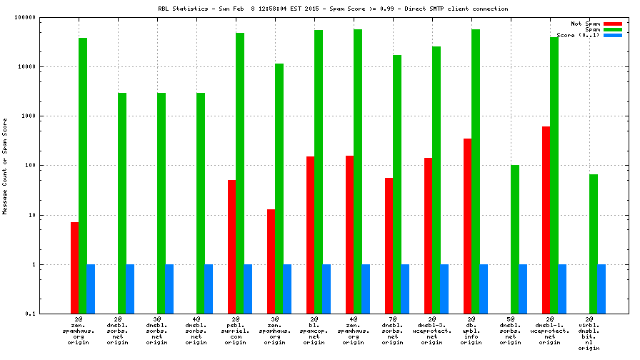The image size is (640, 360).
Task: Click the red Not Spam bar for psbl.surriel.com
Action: (x=231, y=246)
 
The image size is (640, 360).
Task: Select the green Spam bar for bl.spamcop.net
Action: (x=319, y=171)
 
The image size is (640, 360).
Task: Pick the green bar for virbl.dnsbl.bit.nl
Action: (x=594, y=244)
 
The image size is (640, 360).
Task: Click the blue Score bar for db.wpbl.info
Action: (x=484, y=289)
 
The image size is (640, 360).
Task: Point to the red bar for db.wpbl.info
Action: (x=467, y=226)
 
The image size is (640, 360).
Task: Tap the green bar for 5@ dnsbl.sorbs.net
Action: (x=515, y=239)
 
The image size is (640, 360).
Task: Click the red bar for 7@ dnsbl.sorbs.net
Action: (x=389, y=246)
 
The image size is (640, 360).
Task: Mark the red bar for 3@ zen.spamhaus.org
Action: (x=271, y=261)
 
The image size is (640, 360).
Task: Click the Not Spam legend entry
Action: (x=584, y=24)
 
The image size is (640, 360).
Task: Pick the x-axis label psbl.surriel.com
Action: (x=235, y=333)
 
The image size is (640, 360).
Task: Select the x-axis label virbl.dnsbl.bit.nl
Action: (x=589, y=336)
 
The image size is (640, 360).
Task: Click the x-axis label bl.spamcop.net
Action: (x=314, y=333)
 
